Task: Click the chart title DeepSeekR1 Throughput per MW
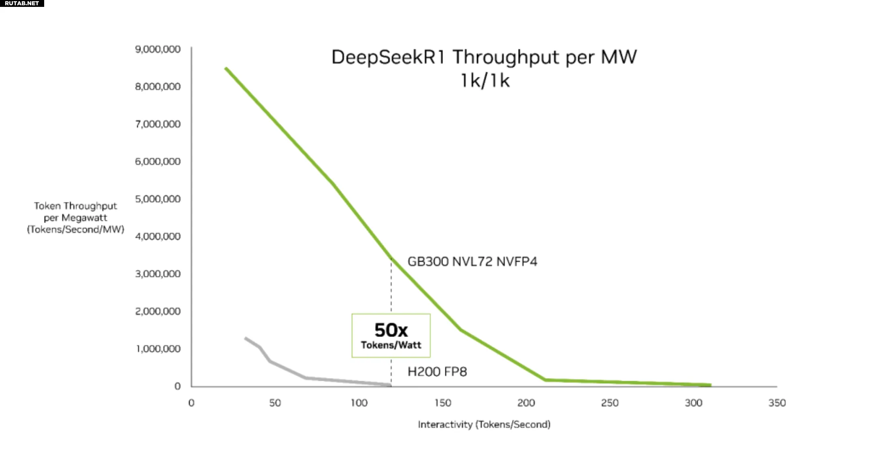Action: (484, 57)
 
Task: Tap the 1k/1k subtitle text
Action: (485, 80)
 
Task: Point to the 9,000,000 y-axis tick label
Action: (158, 49)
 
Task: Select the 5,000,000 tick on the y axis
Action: (158, 199)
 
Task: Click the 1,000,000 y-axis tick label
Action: (158, 349)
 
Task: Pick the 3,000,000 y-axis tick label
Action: (158, 274)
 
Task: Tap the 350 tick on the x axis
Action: (777, 403)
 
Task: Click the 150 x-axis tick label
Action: (442, 403)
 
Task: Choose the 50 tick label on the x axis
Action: (275, 403)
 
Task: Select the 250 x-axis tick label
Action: (609, 403)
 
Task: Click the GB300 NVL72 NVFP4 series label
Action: (472, 262)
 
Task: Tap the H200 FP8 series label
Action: (437, 372)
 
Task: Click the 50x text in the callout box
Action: (391, 330)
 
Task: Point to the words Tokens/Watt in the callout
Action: (391, 345)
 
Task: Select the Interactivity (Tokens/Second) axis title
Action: (484, 424)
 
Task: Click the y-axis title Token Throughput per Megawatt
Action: (76, 218)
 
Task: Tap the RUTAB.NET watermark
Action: (22, 3)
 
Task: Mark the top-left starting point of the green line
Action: (226, 68)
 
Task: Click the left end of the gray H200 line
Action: (246, 338)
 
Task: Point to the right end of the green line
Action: (710, 385)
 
